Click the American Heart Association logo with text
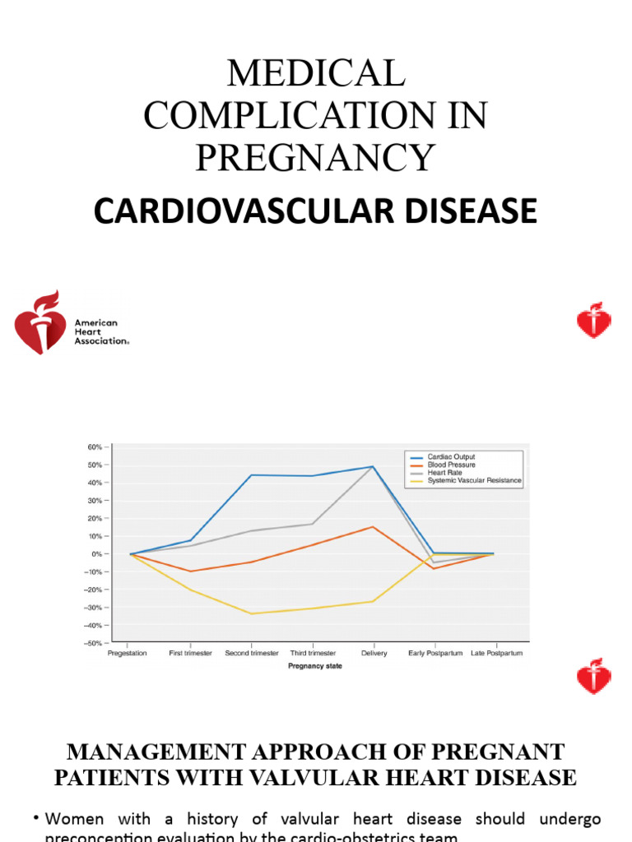click(72, 322)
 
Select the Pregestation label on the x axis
click(128, 654)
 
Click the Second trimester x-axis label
click(252, 654)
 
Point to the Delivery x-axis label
click(374, 654)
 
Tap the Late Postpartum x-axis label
click(495, 654)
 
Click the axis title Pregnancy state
click(315, 667)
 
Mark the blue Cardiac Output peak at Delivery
click(373, 467)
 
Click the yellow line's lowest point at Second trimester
click(251, 613)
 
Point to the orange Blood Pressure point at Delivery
click(373, 527)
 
